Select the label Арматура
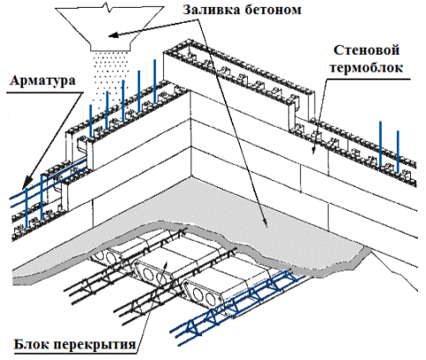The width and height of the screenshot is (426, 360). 43,81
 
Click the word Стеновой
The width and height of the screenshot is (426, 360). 366,50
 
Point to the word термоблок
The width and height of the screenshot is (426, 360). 366,68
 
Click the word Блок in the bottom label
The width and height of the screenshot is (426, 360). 32,344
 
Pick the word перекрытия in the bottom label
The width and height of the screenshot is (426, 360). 95,344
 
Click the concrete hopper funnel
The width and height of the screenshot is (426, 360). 109,28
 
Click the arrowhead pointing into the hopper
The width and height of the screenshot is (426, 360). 113,35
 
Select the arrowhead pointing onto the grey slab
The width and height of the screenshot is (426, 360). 265,222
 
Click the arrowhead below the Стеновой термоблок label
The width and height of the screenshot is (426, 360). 314,150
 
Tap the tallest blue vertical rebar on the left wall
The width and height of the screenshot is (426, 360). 154,81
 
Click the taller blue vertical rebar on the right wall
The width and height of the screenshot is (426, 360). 380,144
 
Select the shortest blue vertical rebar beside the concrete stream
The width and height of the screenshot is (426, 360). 91,120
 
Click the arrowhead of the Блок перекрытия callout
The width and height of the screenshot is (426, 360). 166,266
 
